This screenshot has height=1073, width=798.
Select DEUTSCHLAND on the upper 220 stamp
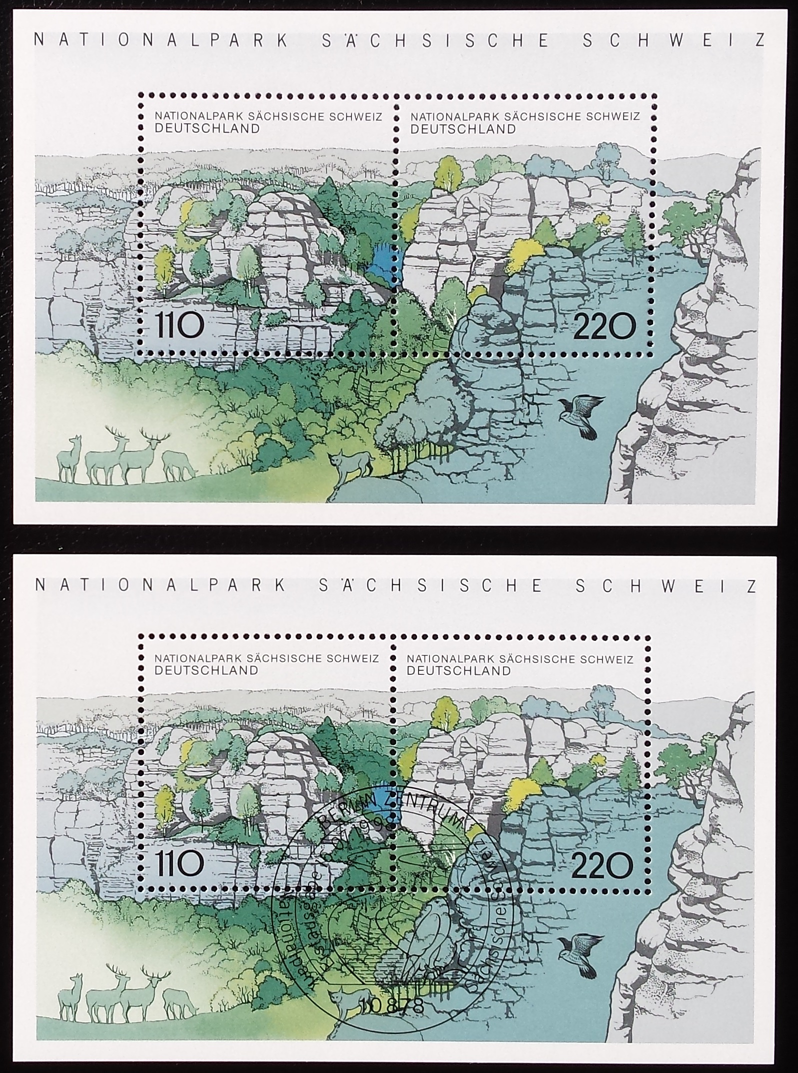coord(463,128)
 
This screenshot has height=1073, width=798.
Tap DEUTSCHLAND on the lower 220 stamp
coord(458,670)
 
